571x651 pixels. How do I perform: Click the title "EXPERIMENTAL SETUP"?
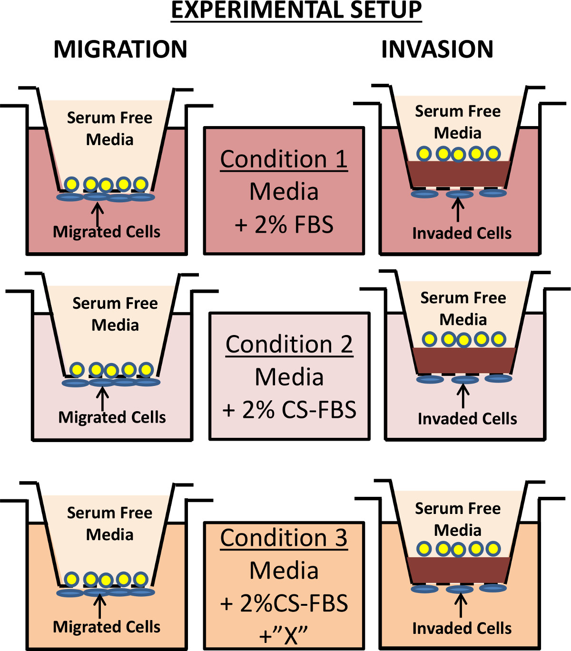(296, 10)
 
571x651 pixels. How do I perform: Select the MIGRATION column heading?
(120, 49)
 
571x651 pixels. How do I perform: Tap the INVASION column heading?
(437, 49)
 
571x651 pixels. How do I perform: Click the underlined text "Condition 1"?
(284, 159)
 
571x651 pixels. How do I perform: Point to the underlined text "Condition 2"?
(289, 345)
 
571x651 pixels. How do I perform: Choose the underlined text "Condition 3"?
(284, 538)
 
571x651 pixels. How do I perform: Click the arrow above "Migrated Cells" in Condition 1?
(97, 214)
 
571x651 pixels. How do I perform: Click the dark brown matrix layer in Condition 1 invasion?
(459, 174)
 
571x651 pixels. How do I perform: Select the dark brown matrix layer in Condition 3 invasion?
(459, 570)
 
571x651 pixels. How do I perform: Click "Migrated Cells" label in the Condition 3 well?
(107, 627)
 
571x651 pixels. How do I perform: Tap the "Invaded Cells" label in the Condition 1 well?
(462, 233)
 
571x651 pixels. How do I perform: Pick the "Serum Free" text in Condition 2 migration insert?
(115, 304)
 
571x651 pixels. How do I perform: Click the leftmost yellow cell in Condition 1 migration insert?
(71, 184)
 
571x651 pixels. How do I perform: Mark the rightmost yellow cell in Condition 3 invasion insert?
(493, 549)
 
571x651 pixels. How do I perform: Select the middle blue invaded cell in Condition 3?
(460, 590)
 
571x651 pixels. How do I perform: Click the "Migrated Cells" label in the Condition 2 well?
(112, 417)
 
